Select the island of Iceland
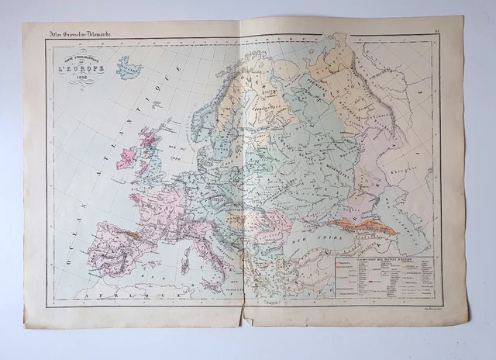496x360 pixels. tap(128, 67)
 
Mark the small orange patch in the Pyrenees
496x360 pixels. tap(131, 230)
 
